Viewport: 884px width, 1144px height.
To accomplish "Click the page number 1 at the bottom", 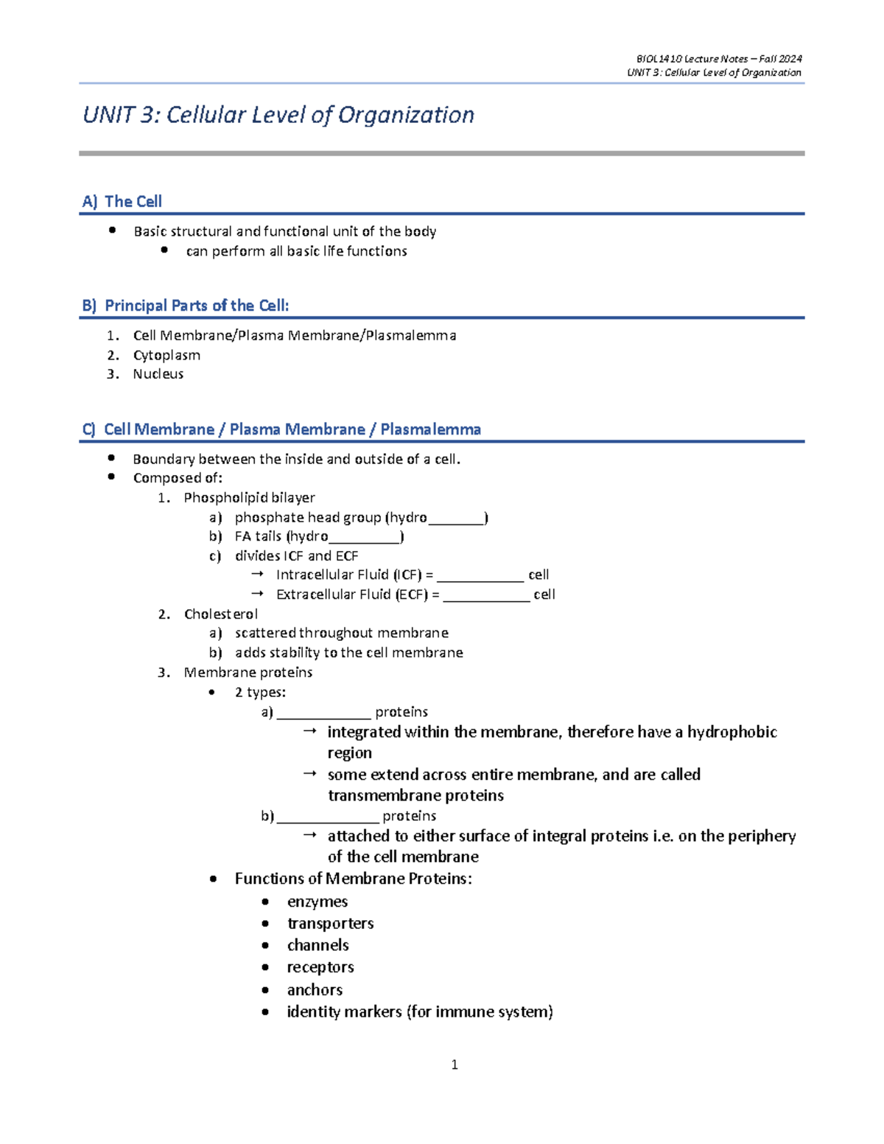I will [x=455, y=1064].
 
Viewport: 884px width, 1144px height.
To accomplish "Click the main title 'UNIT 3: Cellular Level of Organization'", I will [x=278, y=115].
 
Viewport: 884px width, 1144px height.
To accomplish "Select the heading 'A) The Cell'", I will [x=122, y=201].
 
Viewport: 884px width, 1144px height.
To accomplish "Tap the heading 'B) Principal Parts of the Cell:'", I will [x=186, y=305].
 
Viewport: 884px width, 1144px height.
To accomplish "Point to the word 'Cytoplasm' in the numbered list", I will [x=166, y=355].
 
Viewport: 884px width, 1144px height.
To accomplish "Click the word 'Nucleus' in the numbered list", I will [x=158, y=374].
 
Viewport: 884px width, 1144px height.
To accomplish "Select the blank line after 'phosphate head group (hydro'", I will [x=456, y=520].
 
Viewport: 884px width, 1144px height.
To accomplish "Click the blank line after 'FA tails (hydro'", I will [x=365, y=539].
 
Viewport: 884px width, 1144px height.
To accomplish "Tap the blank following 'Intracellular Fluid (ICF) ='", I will [x=480, y=578].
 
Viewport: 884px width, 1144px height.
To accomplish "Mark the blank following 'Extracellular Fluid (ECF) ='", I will [x=486, y=597].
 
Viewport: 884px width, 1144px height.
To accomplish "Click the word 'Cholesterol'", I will [x=221, y=614].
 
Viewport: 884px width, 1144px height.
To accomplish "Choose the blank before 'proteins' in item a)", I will [x=323, y=715].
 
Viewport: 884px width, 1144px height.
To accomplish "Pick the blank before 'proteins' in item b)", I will [x=328, y=818].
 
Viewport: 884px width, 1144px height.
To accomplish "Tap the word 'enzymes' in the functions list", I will [x=318, y=902].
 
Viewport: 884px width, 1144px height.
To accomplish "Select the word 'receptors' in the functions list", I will [x=320, y=967].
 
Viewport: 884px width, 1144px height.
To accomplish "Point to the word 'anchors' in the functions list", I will [x=315, y=990].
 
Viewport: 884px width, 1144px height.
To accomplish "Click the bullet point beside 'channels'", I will [x=265, y=945].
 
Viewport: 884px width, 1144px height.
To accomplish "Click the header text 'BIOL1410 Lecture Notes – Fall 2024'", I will [x=719, y=59].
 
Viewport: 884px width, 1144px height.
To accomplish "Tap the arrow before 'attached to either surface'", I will [x=310, y=835].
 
